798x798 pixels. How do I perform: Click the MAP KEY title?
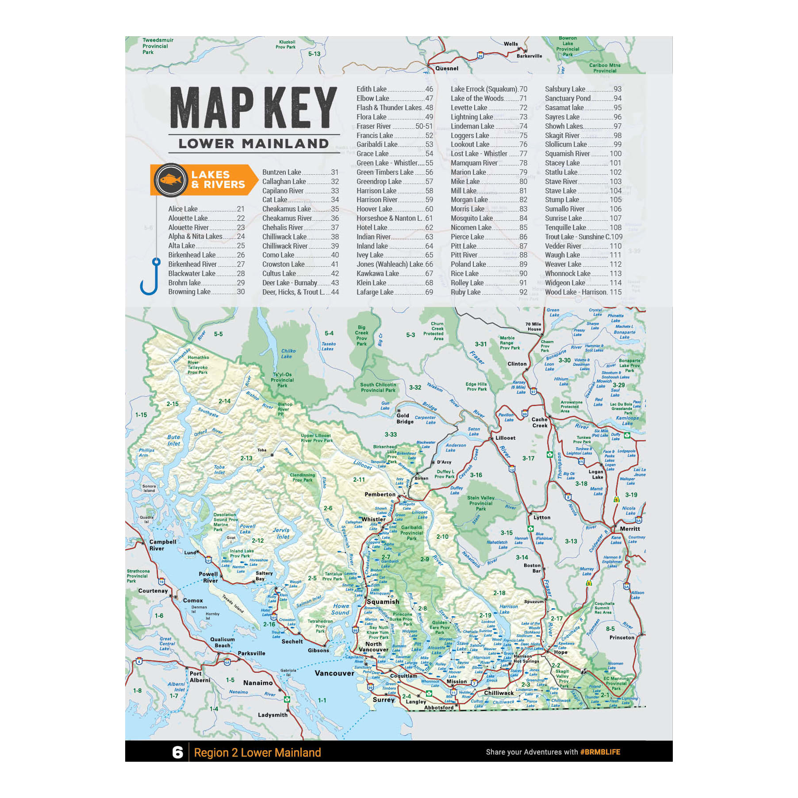pyautogui.click(x=253, y=107)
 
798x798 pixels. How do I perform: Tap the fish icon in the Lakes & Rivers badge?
pyautogui.click(x=171, y=180)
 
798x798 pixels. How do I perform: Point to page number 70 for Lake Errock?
pyautogui.click(x=523, y=89)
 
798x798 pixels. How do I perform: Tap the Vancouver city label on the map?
pyautogui.click(x=334, y=673)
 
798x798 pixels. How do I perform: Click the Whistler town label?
pyautogui.click(x=373, y=519)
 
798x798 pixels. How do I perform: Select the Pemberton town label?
pyautogui.click(x=380, y=494)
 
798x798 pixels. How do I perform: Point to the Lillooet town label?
pyautogui.click(x=505, y=438)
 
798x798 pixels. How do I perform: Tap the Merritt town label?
pyautogui.click(x=629, y=529)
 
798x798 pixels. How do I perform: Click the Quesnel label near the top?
pyautogui.click(x=446, y=69)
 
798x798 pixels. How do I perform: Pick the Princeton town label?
pyautogui.click(x=622, y=637)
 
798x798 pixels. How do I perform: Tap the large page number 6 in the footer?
pyautogui.click(x=177, y=752)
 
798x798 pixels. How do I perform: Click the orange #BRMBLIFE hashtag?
pyautogui.click(x=600, y=752)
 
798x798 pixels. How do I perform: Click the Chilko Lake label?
pyautogui.click(x=288, y=353)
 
